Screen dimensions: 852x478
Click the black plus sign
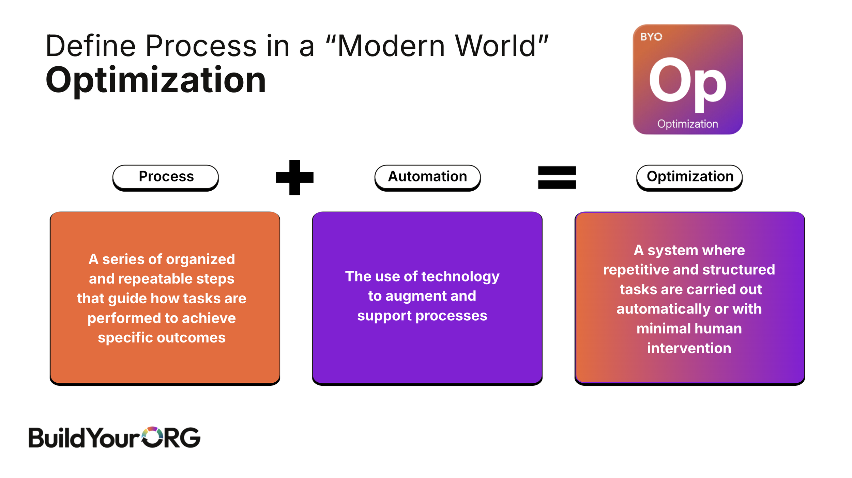[x=294, y=177]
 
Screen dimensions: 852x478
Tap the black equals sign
[x=557, y=177]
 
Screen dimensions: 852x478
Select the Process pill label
[x=166, y=177]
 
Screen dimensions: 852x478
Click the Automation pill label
[x=427, y=177]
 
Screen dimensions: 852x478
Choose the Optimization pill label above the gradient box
[x=690, y=177]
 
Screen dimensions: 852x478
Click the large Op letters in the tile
[x=687, y=83]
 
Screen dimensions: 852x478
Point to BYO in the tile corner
[x=651, y=37]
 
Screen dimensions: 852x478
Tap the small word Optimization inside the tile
[x=687, y=124]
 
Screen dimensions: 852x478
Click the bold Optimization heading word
[x=156, y=80]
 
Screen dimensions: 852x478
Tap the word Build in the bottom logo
[x=56, y=438]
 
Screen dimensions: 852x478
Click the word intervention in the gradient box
[x=689, y=348]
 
